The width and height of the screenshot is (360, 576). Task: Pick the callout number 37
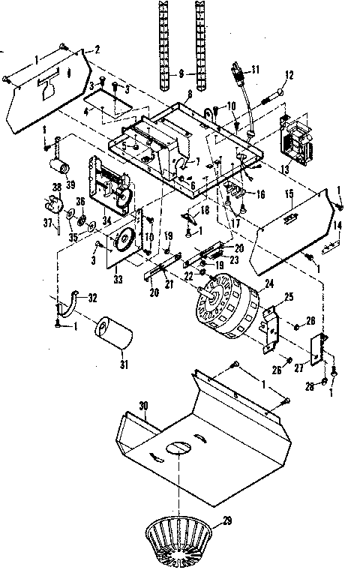tap(48, 222)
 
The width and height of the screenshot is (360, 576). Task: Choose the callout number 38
tap(56, 186)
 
